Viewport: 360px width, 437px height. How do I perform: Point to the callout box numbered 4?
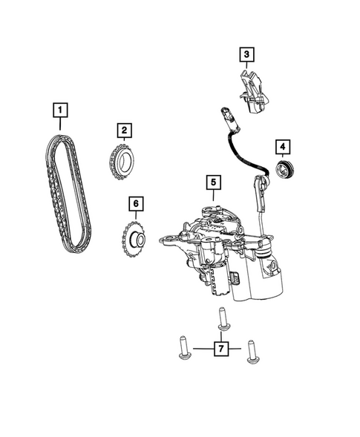pyautogui.click(x=283, y=146)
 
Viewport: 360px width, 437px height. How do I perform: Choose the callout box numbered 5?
pyautogui.click(x=212, y=181)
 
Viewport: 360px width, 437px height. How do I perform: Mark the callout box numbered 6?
pyautogui.click(x=135, y=203)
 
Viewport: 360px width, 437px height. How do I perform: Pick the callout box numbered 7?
pyautogui.click(x=220, y=347)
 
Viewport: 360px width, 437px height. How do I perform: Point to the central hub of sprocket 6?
pyautogui.click(x=135, y=239)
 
